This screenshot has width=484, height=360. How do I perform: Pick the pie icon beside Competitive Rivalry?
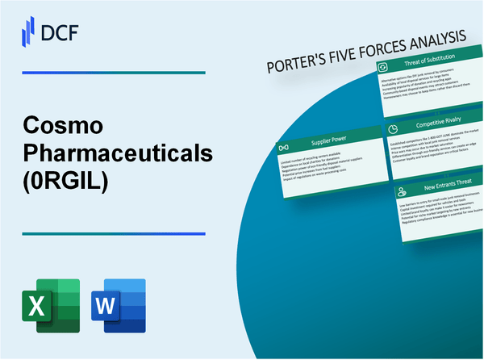tap(392, 129)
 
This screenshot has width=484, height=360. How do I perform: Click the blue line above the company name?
tap(113, 73)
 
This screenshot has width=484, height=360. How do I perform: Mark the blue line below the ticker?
tap(113, 234)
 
